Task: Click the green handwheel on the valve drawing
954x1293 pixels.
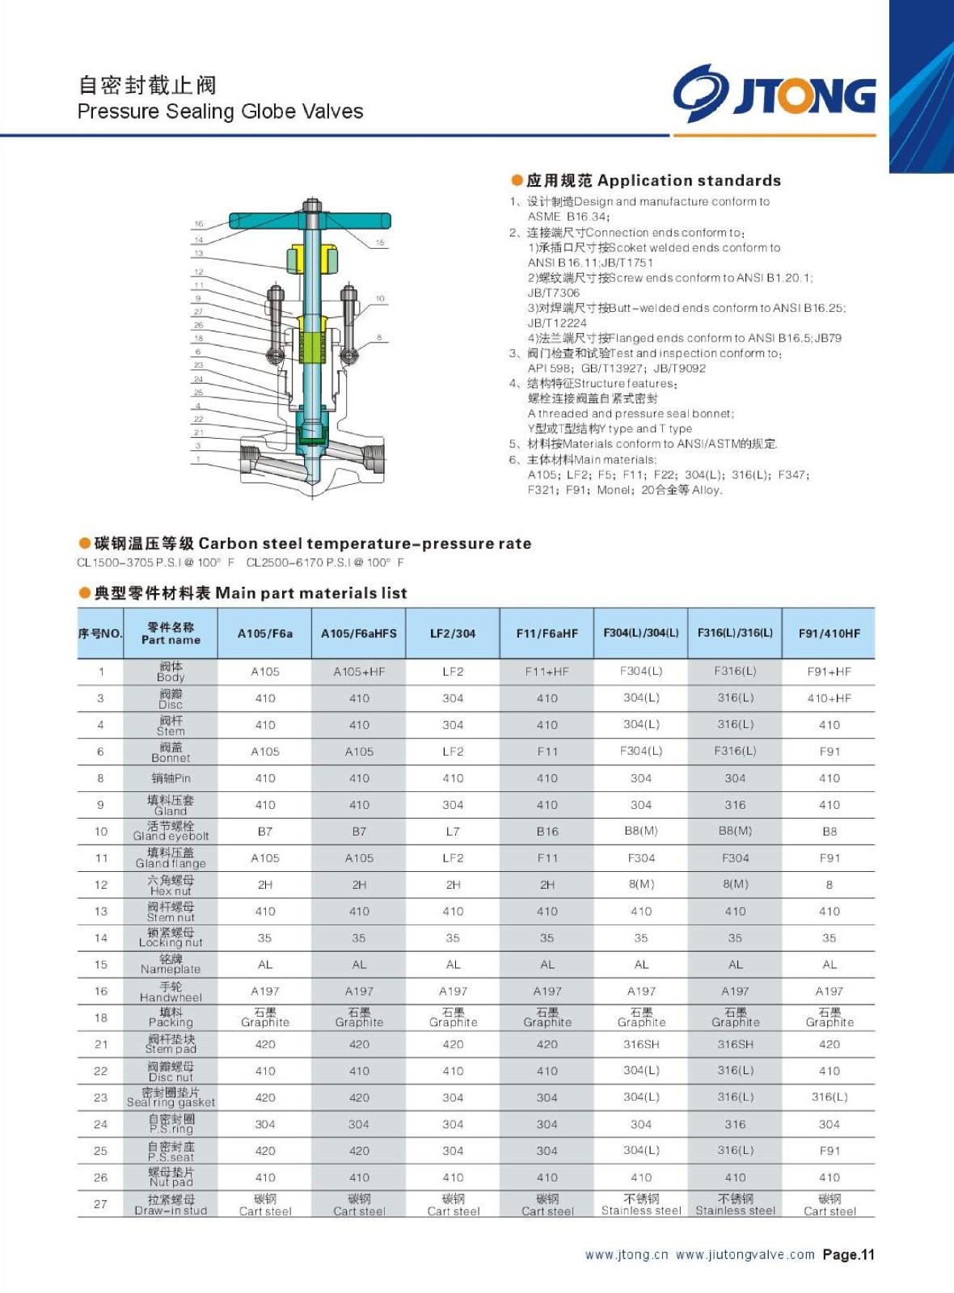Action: point(310,221)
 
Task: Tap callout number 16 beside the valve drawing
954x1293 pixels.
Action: point(199,224)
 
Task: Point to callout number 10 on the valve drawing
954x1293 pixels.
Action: point(380,298)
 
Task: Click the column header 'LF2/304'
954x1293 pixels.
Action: point(453,634)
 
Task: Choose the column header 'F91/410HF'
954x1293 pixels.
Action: point(829,634)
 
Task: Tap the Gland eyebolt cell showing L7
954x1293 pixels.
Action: point(453,832)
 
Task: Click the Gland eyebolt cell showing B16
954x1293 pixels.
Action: point(547,832)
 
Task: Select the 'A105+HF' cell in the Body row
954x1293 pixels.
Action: point(359,672)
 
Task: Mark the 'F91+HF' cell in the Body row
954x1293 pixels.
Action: point(829,672)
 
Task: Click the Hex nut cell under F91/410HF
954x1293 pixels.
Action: point(829,885)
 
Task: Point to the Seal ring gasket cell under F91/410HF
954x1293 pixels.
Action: point(829,1097)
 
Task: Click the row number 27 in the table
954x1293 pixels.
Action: point(100,1204)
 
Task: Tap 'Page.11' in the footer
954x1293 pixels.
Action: point(848,1255)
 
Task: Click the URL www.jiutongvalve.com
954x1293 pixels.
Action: point(745,1255)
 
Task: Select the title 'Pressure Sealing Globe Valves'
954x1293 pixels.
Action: point(220,112)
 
